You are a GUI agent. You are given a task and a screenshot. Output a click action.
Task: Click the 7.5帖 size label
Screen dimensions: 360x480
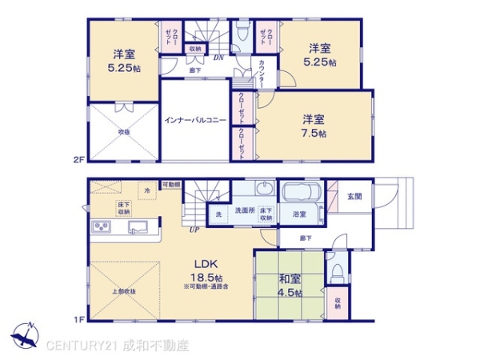314,134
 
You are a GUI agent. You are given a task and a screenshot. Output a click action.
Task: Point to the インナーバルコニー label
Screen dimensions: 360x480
194,120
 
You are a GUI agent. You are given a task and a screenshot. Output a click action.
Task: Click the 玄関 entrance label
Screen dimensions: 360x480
354,197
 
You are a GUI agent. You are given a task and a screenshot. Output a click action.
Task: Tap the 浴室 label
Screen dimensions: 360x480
300,214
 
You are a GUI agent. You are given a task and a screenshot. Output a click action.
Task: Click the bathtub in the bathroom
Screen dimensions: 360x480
302,193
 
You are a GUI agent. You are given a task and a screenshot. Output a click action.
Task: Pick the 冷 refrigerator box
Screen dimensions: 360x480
146,191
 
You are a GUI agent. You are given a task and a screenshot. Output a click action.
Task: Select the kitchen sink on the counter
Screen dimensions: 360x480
138,227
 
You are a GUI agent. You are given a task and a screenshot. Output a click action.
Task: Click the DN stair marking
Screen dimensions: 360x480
218,58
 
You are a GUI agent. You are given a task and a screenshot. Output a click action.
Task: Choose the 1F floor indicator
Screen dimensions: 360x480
78,320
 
